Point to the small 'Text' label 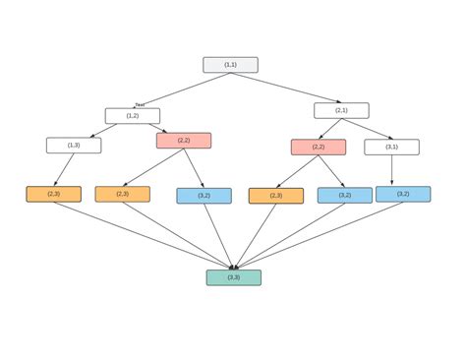(x=140, y=104)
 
